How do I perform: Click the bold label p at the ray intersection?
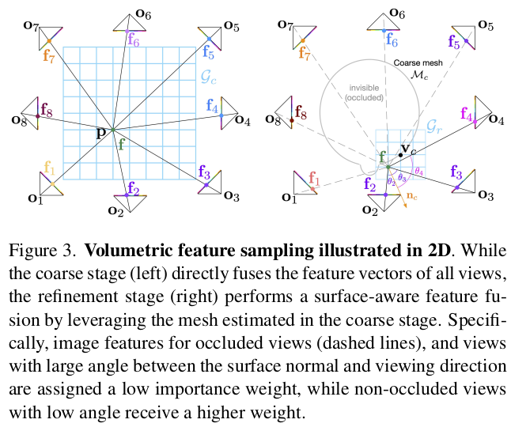click(x=100, y=132)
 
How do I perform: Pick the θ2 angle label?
click(x=391, y=182)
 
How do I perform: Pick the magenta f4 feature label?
click(x=467, y=119)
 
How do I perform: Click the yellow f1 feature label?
click(x=49, y=168)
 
